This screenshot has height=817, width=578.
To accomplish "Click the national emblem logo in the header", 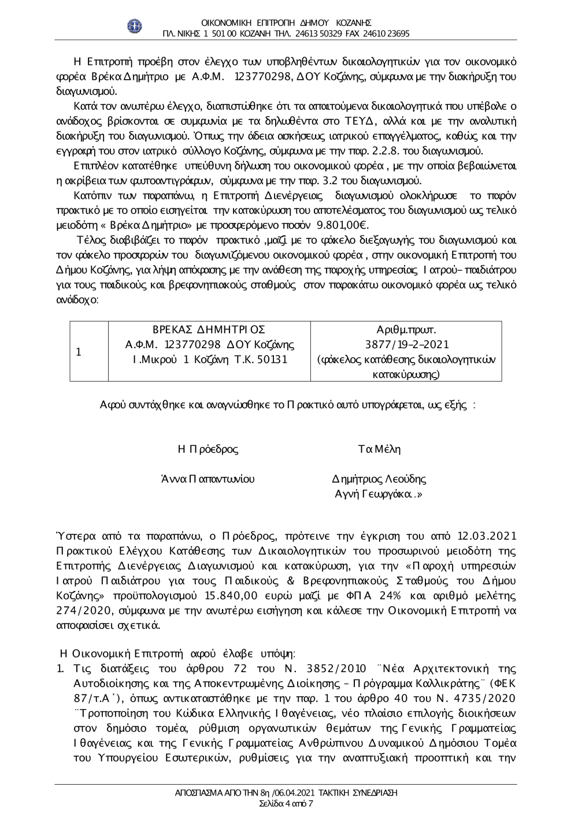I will coord(134,27).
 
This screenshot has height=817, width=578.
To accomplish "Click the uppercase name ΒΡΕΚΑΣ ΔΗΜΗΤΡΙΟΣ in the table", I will coord(209,329).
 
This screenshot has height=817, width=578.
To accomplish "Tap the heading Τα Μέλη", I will coord(379,449).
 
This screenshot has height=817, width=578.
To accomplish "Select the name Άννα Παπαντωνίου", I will coord(208,479).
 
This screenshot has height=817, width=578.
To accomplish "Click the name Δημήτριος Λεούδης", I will coord(379,479).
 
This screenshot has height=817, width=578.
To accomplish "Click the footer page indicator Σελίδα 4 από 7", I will coord(286,803).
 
